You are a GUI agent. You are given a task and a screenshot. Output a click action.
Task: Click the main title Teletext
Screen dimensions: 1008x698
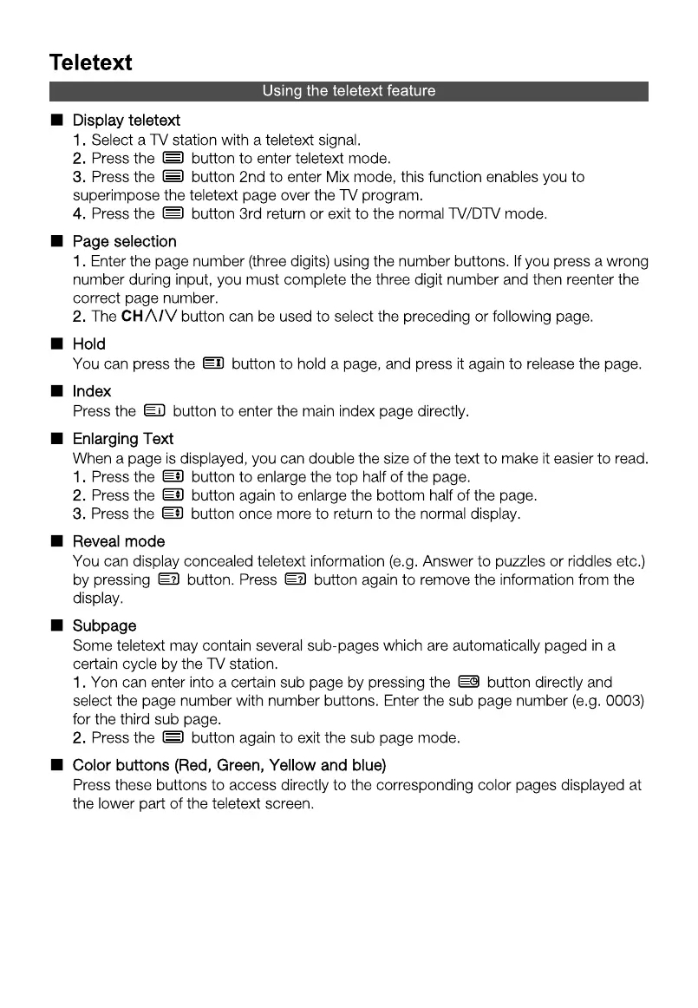point(91,62)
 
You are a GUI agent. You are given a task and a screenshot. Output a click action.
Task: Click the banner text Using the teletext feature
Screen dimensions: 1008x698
point(349,91)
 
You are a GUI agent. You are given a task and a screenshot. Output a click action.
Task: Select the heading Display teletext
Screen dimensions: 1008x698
point(127,120)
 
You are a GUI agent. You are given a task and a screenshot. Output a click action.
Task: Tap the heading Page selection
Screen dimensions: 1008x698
point(124,241)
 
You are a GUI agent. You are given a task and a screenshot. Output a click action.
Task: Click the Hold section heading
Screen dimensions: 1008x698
point(89,344)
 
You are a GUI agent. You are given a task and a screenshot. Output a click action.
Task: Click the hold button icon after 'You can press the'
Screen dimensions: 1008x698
point(213,363)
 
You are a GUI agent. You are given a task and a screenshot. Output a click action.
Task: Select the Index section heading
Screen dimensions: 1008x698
point(92,391)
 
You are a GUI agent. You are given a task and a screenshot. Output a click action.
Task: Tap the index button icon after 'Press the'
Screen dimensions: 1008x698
point(154,411)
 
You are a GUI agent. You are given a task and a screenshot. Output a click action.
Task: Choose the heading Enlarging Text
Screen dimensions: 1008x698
point(123,439)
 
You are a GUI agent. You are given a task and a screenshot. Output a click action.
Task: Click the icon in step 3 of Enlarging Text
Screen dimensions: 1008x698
point(173,514)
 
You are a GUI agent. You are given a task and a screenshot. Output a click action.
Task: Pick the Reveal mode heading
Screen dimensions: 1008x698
point(119,542)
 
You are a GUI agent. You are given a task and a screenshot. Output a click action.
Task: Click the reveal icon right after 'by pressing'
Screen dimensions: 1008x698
point(168,579)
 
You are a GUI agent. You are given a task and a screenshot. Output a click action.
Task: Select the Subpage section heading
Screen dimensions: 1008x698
point(104,625)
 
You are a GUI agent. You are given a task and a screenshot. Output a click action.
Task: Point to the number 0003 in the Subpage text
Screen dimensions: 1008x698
point(623,701)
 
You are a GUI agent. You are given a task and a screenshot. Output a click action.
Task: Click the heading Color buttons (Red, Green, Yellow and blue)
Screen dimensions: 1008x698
point(229,765)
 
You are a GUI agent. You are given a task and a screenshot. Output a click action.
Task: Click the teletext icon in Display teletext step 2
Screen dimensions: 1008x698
point(173,158)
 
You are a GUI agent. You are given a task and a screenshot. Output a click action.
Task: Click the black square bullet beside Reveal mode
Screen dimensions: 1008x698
point(56,542)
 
